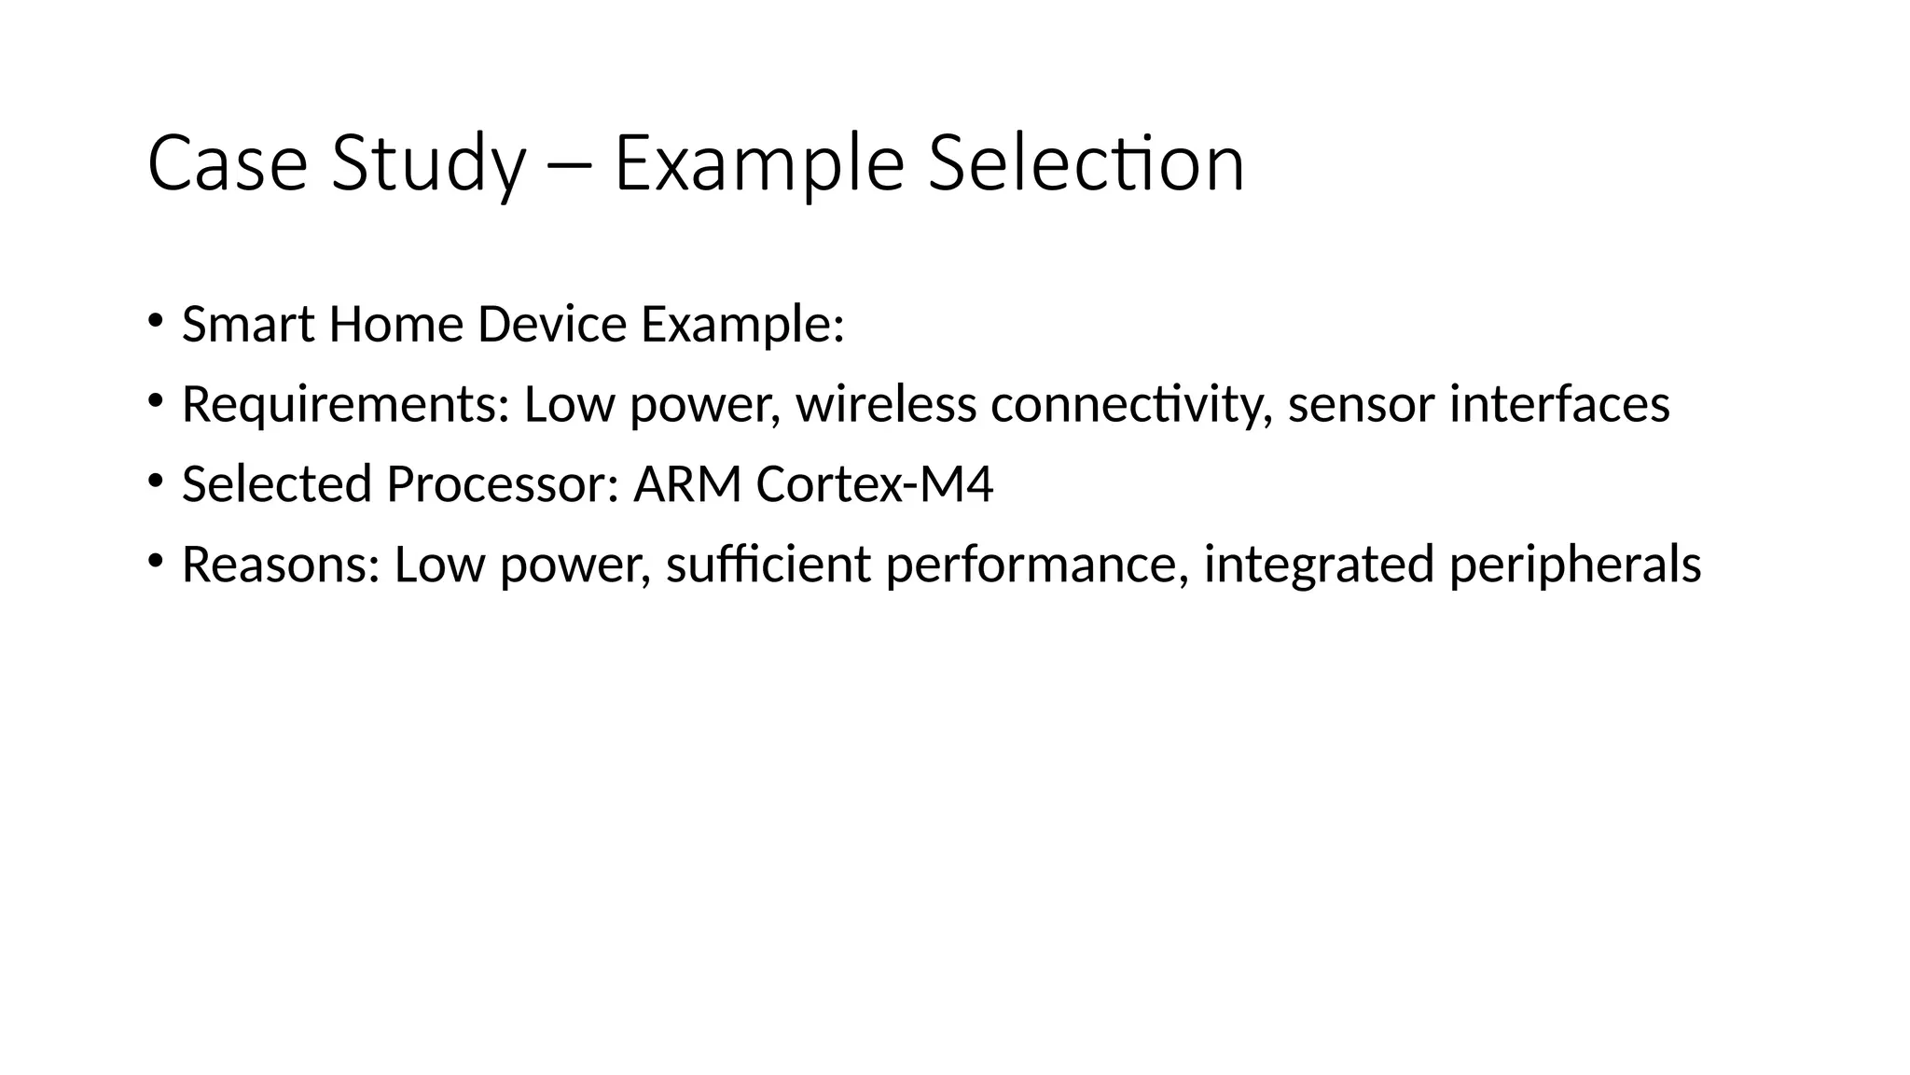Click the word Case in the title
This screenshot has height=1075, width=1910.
click(x=228, y=164)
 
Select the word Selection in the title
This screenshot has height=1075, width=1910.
click(x=1086, y=164)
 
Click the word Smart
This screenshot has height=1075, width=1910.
click(x=248, y=325)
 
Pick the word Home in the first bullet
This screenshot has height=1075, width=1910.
click(x=395, y=325)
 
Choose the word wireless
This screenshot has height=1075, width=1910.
click(x=886, y=405)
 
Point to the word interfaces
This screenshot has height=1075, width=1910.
click(x=1559, y=405)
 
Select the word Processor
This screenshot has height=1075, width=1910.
click(x=503, y=485)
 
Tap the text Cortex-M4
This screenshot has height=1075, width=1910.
click(x=875, y=485)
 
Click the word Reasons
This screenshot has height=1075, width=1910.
click(x=281, y=565)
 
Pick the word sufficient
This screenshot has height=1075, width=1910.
click(x=768, y=565)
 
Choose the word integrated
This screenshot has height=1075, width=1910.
click(x=1319, y=565)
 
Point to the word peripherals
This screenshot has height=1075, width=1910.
click(x=1575, y=565)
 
